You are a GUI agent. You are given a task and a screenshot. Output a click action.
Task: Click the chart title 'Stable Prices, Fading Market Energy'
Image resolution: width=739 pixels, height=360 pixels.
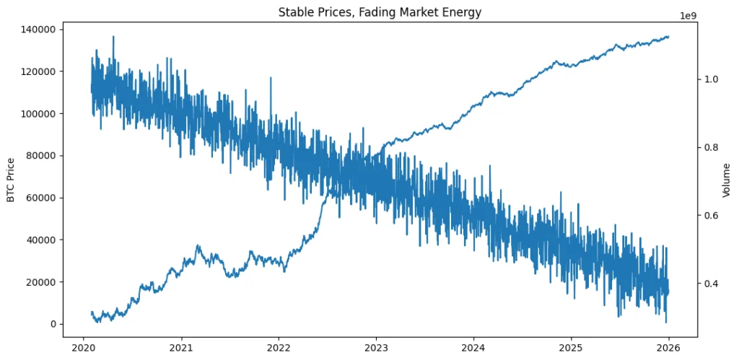point(380,12)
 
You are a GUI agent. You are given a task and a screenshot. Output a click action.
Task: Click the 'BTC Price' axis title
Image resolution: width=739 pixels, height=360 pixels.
point(12,180)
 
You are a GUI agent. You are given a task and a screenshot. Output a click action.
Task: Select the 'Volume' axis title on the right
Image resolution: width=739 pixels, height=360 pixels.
point(727,180)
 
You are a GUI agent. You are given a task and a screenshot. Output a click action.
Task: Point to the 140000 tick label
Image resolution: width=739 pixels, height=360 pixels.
point(41,30)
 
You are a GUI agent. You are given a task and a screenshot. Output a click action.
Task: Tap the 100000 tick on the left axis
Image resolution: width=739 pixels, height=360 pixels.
point(41,114)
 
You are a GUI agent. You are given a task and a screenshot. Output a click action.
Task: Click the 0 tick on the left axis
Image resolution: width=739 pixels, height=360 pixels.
point(53,324)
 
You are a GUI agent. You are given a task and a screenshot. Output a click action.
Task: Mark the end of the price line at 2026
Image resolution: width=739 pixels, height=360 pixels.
point(668,36)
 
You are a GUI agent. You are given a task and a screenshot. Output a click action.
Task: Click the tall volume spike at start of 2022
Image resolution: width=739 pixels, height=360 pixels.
point(271,78)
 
